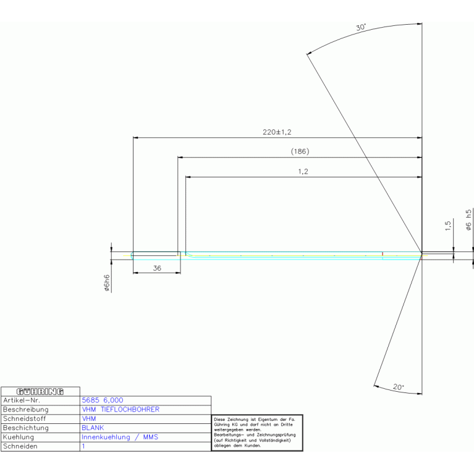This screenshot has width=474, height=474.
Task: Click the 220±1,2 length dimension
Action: tap(277, 132)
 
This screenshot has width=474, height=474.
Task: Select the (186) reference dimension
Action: tap(300, 151)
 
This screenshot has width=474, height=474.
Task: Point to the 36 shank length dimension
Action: tap(157, 268)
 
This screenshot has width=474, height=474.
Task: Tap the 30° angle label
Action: tap(361, 27)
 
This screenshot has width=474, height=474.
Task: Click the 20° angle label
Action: tap(399, 387)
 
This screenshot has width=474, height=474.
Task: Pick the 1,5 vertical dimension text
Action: tap(447, 226)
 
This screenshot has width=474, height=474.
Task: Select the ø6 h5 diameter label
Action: tap(468, 220)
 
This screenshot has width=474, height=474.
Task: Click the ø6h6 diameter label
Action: tap(107, 283)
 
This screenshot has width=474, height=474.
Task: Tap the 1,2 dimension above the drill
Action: tap(303, 171)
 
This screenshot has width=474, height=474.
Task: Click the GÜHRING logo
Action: tap(40, 391)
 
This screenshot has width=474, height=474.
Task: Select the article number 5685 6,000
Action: tap(103, 400)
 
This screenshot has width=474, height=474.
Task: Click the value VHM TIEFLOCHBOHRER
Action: tap(121, 409)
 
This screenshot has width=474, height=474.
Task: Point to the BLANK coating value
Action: tap(93, 428)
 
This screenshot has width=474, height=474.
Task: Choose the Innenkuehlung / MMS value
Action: tap(120, 437)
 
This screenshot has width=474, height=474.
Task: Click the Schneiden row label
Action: tap(20, 446)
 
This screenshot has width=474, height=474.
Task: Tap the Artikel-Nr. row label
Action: tap(22, 400)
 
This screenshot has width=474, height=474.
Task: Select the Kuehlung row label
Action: tap(19, 437)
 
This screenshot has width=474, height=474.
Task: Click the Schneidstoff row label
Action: tap(24, 418)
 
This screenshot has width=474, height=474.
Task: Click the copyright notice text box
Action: tap(257, 433)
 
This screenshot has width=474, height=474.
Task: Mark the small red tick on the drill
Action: tap(383, 253)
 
